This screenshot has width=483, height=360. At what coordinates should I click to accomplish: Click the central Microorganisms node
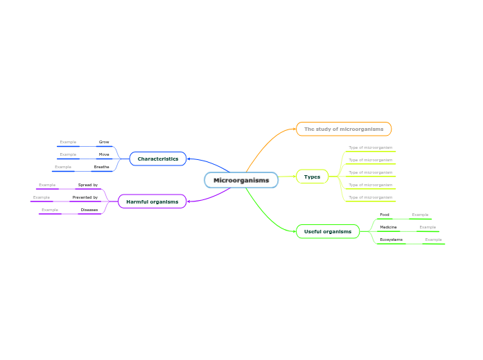pyautogui.click(x=241, y=181)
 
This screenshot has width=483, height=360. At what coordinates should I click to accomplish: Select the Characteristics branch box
pyautogui.click(x=158, y=159)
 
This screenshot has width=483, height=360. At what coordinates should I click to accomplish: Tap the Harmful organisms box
pyautogui.click(x=152, y=201)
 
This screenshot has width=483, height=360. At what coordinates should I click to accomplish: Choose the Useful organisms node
pyautogui.click(x=328, y=231)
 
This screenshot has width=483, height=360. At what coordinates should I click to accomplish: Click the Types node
pyautogui.click(x=313, y=177)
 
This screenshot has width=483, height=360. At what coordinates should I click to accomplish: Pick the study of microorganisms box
pyautogui.click(x=344, y=129)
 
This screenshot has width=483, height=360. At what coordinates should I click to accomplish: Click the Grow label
pyautogui.click(x=104, y=142)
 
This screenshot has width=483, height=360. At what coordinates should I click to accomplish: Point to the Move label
pyautogui.click(x=104, y=154)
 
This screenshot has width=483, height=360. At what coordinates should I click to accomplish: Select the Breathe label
pyautogui.click(x=102, y=167)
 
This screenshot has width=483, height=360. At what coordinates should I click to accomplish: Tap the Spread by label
pyautogui.click(x=88, y=185)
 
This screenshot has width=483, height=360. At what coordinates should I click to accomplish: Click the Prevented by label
pyautogui.click(x=85, y=197)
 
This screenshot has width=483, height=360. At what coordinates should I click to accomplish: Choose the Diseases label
pyautogui.click(x=89, y=209)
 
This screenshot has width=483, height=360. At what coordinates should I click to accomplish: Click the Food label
pyautogui.click(x=385, y=215)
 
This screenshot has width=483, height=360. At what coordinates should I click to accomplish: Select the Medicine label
pyautogui.click(x=388, y=227)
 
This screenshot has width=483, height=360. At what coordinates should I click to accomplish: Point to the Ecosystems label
pyautogui.click(x=391, y=240)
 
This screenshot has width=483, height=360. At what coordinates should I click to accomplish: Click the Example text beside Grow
pyautogui.click(x=68, y=142)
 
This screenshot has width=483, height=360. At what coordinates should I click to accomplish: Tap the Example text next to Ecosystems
pyautogui.click(x=433, y=240)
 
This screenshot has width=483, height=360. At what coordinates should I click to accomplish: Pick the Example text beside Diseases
pyautogui.click(x=50, y=209)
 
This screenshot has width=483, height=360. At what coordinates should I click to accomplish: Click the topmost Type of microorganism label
pyautogui.click(x=370, y=147)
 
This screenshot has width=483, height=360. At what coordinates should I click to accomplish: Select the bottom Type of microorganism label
pyautogui.click(x=370, y=197)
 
